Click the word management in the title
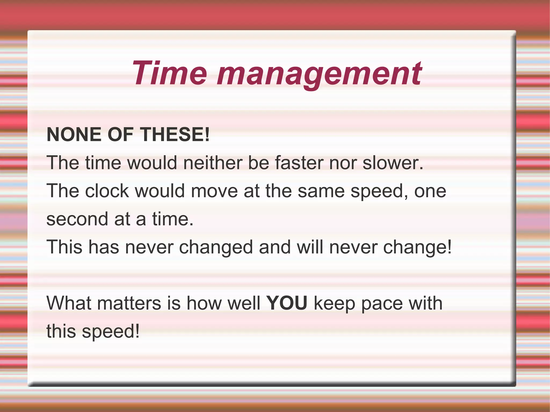point(320,74)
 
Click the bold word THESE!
point(175,134)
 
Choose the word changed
point(216,247)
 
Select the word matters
point(129,303)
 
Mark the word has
point(104,247)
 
